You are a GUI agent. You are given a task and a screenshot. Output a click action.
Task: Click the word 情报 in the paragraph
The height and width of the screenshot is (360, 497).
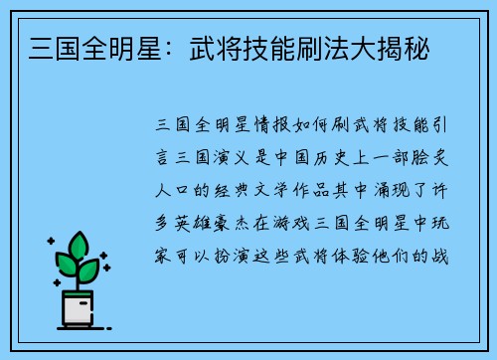tap(271, 126)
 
